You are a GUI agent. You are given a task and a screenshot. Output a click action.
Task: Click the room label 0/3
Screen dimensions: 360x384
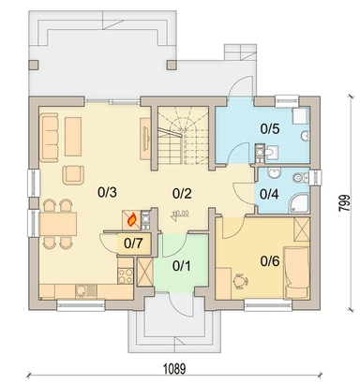click(107, 192)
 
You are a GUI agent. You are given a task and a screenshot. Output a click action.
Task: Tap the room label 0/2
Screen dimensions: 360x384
click(182, 194)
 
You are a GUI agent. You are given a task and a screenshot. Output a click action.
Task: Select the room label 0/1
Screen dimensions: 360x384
click(182, 266)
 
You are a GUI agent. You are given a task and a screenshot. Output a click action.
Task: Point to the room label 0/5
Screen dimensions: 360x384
click(270, 128)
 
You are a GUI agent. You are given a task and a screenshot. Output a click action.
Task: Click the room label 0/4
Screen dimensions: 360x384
click(269, 194)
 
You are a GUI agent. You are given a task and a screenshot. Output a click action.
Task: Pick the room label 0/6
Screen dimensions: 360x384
click(270, 261)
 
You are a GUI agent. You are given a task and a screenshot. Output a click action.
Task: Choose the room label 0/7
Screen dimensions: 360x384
click(133, 244)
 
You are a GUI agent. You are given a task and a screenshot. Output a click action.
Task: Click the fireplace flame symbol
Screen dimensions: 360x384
click(132, 219)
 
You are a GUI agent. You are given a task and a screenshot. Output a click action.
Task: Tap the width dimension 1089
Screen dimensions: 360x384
click(174, 369)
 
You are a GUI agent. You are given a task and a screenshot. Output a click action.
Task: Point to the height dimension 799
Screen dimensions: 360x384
click(344, 203)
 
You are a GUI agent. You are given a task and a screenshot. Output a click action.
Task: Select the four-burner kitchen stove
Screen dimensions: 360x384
click(126, 275)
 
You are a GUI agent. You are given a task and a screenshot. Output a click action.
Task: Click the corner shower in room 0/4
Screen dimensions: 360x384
click(299, 202)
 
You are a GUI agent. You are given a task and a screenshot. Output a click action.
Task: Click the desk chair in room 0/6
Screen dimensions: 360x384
click(241, 281)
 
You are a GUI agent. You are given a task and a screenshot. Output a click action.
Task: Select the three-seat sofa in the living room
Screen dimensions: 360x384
click(49, 138)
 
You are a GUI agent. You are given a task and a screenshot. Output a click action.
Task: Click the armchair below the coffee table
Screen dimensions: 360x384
click(74, 175)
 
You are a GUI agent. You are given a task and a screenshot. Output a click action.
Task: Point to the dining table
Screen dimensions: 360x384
click(58, 224)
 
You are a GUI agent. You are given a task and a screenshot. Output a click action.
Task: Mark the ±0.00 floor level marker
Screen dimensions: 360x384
click(180, 214)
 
